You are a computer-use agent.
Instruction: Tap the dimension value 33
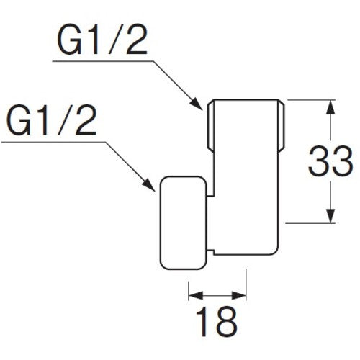329,162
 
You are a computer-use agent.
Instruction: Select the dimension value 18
217,322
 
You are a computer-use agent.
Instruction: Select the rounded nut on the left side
184,220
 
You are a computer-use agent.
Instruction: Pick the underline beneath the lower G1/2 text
50,142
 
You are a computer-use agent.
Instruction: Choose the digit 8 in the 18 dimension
228,322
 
